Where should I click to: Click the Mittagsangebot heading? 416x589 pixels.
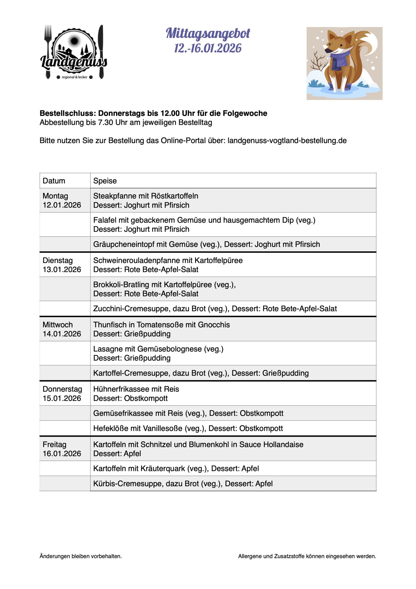[208, 34]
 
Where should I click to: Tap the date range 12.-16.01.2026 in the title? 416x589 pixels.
[208, 48]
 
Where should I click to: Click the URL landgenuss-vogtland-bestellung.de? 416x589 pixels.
[287, 141]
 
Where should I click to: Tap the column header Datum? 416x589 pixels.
[54, 181]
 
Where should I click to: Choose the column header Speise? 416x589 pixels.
[105, 181]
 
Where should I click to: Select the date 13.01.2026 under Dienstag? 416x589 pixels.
[62, 270]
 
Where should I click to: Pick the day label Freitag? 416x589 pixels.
[54, 445]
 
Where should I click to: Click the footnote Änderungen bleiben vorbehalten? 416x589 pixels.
[81, 556]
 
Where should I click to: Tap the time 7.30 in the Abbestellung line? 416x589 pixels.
[105, 123]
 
